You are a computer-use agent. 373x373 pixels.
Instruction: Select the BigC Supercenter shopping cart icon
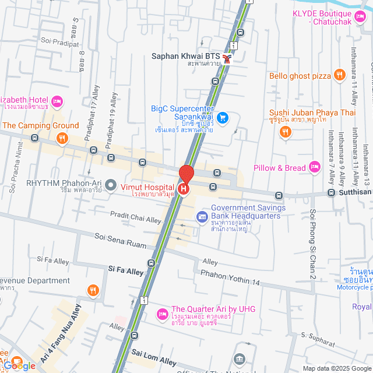[x=222, y=117]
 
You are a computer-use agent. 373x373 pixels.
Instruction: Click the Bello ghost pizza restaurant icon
[x=339, y=75]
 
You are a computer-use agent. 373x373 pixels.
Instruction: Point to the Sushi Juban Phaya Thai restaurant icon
[x=284, y=132]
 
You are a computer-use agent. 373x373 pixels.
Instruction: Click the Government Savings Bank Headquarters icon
[x=202, y=217]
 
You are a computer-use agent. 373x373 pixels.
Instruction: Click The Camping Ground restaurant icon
[x=61, y=138]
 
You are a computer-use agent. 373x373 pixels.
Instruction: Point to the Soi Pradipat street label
[x=59, y=42]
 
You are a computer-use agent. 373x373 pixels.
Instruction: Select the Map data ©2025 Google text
[x=336, y=368]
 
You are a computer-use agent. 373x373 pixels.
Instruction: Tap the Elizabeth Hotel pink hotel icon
[x=57, y=102]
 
